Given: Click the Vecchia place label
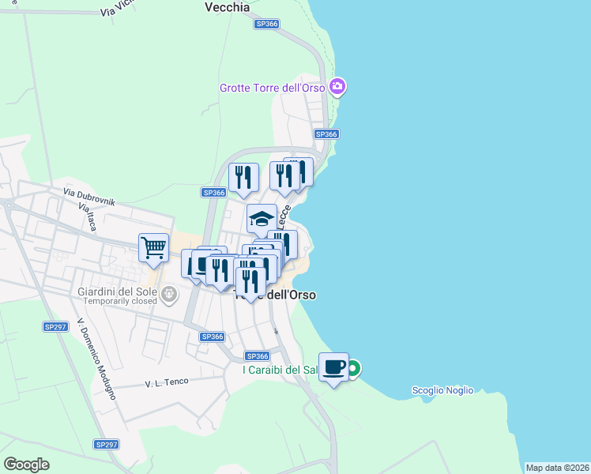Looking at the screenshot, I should [227, 7].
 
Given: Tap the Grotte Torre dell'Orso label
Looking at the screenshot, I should [272, 87].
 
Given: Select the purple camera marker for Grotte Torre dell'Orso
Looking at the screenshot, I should [338, 86].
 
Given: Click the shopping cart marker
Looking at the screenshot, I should [153, 247].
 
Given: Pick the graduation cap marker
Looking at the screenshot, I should [262, 219].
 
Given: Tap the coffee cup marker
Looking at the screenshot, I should [334, 367].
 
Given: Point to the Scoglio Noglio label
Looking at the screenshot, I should [442, 390].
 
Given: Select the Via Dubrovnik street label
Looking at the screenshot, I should [89, 196].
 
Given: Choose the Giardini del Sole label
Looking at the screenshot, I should [116, 292].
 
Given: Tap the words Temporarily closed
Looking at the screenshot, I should [117, 302].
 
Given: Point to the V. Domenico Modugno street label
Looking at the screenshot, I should [96, 360].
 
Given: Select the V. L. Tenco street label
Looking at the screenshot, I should [167, 382].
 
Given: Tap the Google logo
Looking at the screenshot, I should [26, 465].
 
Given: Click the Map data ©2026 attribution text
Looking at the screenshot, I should [557, 468].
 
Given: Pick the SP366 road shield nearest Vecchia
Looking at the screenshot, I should [267, 24].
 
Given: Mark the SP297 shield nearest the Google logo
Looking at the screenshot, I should [106, 445].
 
